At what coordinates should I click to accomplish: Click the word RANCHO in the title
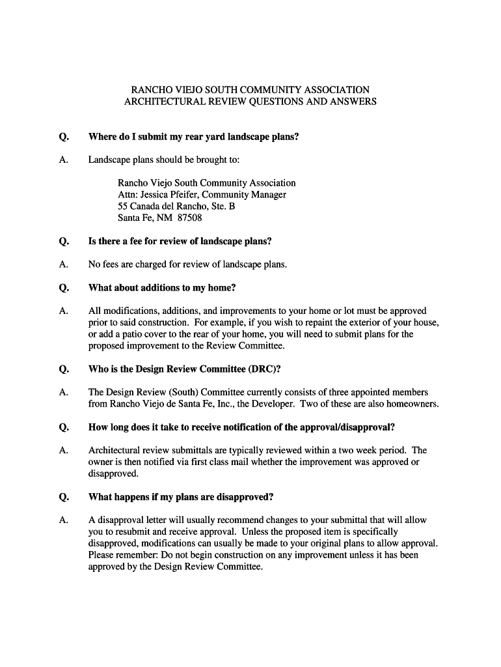(150, 89)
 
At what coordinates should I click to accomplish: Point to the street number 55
(123, 206)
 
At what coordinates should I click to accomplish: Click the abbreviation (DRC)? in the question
(264, 369)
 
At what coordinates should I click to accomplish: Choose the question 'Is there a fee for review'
(180, 241)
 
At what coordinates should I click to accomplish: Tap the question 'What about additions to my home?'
(162, 288)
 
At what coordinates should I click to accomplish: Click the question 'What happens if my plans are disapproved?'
(181, 497)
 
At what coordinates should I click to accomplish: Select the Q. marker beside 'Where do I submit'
(64, 137)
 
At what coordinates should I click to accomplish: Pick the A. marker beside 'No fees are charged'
(64, 264)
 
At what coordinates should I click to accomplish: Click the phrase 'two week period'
(375, 450)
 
